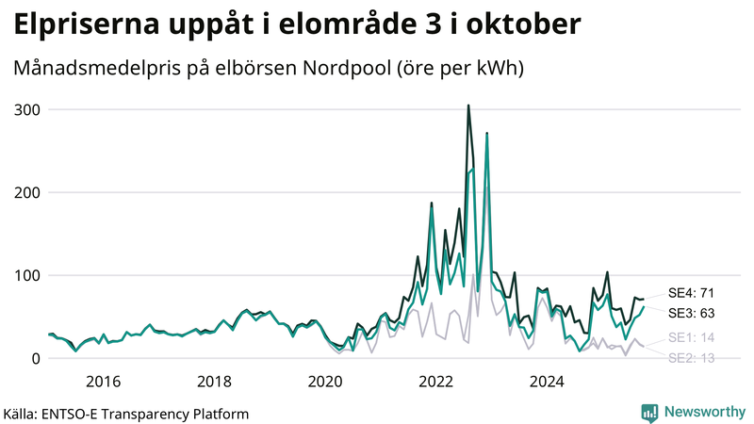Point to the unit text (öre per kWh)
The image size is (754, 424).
pyautogui.click(x=458, y=70)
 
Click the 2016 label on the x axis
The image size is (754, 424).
pyautogui.click(x=103, y=381)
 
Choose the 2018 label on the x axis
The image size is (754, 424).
pyautogui.click(x=214, y=381)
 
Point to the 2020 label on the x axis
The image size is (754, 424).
pyautogui.click(x=325, y=381)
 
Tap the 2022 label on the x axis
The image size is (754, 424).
pyautogui.click(x=436, y=381)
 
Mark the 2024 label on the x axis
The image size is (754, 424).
pyautogui.click(x=547, y=381)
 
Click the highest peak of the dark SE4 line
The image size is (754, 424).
pyautogui.click(x=468, y=106)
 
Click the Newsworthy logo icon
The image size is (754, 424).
pyautogui.click(x=649, y=412)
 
